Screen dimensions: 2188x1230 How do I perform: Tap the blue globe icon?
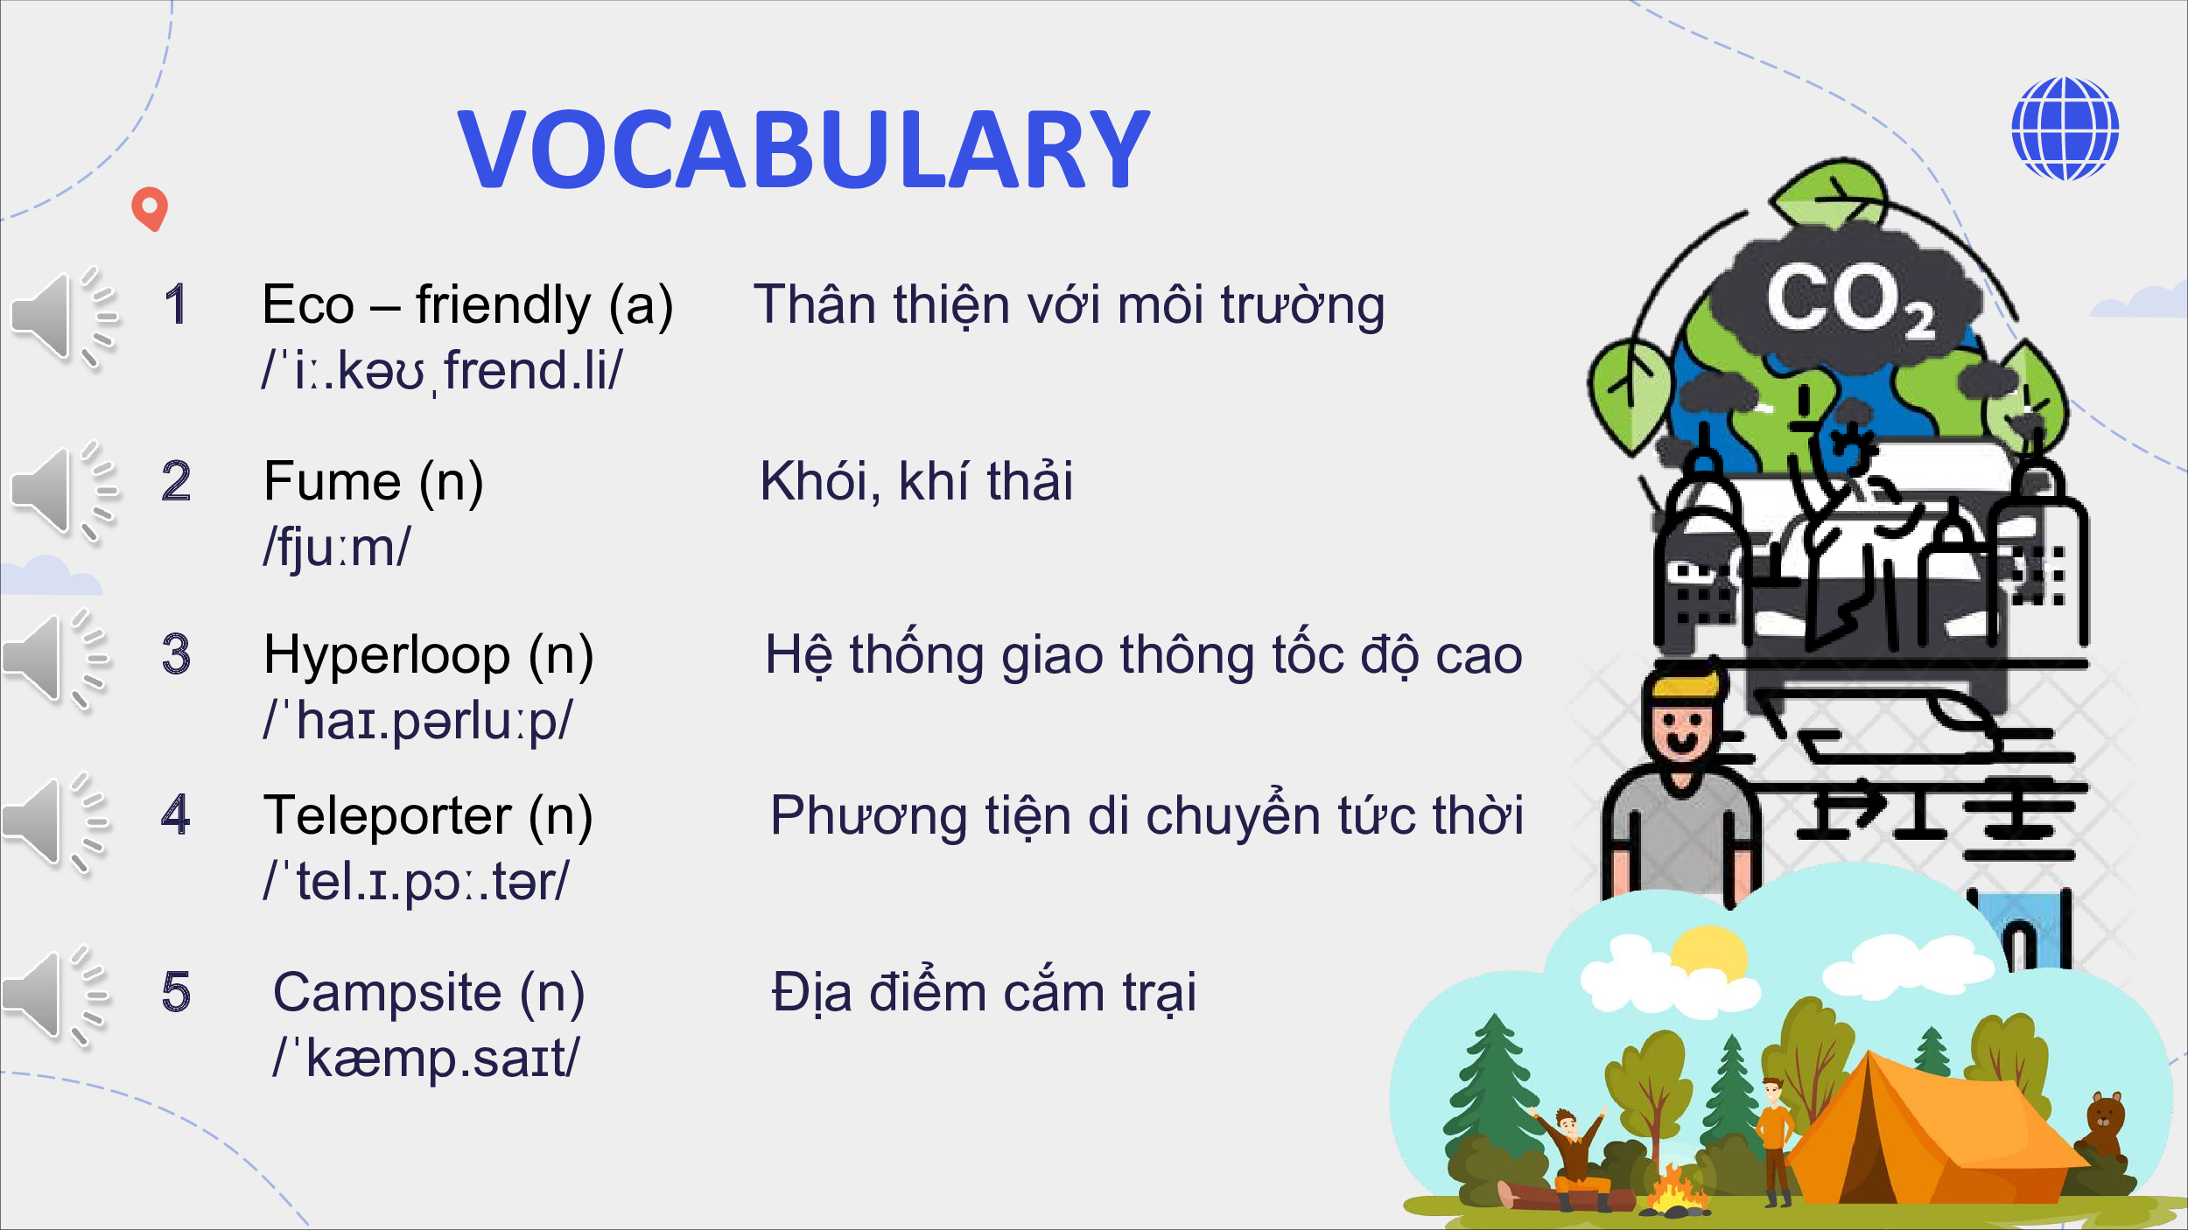click(2065, 129)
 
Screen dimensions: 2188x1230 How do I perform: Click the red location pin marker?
click(150, 209)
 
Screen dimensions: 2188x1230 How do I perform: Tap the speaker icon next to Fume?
click(64, 493)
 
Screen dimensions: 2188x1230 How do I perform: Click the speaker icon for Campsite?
click(57, 996)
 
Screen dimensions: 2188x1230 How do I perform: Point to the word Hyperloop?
click(387, 656)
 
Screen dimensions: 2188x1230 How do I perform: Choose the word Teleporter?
click(388, 815)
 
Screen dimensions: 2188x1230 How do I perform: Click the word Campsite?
click(387, 993)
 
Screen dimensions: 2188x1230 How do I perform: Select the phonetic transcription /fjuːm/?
click(337, 547)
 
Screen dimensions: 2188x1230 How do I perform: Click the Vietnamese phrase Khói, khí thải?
click(916, 481)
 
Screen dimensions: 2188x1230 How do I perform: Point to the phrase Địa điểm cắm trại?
click(984, 993)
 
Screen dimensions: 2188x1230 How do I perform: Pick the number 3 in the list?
click(176, 654)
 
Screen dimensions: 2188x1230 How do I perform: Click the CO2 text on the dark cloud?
click(1849, 301)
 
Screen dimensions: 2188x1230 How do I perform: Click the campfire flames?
click(1674, 1189)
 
